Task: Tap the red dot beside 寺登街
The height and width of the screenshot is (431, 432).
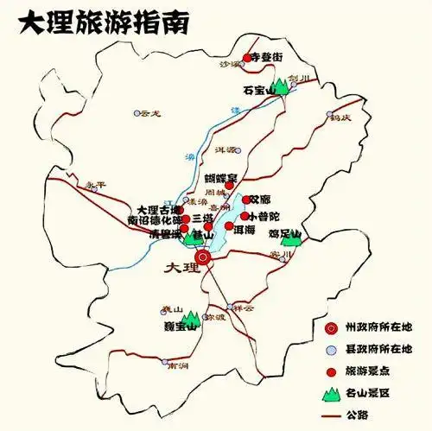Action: pos(246,58)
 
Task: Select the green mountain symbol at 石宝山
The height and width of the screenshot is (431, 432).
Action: pos(282,89)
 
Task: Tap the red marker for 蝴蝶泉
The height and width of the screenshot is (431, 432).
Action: pos(230,184)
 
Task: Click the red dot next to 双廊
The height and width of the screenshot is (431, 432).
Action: pos(245,200)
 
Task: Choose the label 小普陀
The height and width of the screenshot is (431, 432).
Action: pos(264,215)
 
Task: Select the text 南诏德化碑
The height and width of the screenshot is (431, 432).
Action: pos(155,220)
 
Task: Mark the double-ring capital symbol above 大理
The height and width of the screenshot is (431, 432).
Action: pos(203,257)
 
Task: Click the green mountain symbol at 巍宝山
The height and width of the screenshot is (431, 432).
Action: pos(190,323)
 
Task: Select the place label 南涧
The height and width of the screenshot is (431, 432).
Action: pos(178,366)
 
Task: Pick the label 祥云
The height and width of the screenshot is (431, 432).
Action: pos(245,307)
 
